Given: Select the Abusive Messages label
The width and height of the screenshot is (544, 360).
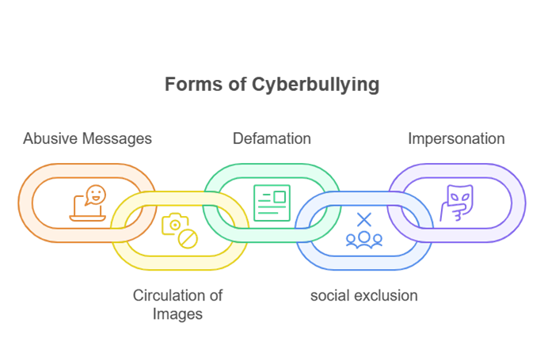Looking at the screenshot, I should (x=87, y=138).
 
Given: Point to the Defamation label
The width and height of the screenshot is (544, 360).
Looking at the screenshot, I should (x=272, y=138).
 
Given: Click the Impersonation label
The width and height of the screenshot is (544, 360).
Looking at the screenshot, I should (x=456, y=138).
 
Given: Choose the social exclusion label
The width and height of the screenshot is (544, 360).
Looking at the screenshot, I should (x=363, y=296).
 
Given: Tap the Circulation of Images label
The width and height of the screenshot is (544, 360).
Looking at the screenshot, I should (x=178, y=305).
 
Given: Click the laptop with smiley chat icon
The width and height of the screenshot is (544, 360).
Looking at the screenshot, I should (x=86, y=203).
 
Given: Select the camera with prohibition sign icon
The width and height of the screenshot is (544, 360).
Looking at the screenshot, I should (x=180, y=229).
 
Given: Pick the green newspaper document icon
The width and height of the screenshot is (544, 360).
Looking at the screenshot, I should (x=272, y=202).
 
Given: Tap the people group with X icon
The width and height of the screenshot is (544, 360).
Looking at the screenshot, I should (x=363, y=230).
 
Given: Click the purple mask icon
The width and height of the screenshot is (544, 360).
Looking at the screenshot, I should (x=455, y=203).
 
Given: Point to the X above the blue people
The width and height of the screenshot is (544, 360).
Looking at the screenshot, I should (x=363, y=219).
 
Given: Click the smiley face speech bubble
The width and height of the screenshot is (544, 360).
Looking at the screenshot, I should (x=95, y=195).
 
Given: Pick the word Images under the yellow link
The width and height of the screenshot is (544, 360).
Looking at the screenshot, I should (x=178, y=313).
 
